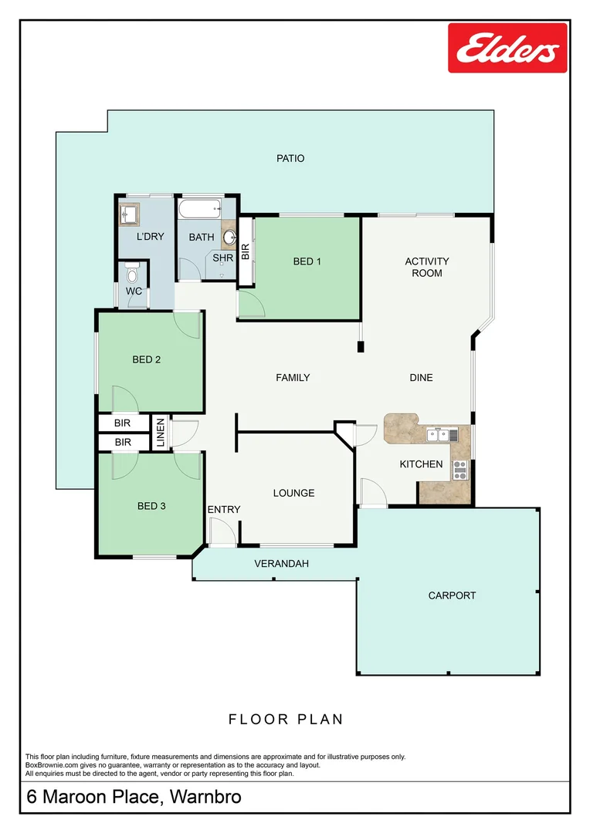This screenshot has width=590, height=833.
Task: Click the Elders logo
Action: coord(507,48)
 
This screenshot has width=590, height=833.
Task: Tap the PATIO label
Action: coord(290,158)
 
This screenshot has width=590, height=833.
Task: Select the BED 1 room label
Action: coord(307,261)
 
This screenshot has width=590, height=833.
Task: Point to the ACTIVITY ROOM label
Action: coord(426,267)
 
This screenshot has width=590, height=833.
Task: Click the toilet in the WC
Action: coord(132,272)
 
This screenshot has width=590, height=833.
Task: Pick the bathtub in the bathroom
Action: coord(200,209)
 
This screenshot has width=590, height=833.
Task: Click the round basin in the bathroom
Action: coord(229,237)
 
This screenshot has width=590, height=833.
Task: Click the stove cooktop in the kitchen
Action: coord(459,469)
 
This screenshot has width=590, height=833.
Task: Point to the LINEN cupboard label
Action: coord(161,433)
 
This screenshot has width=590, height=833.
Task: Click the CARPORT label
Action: coord(452,595)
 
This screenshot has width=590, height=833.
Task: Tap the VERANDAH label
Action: coord(281,564)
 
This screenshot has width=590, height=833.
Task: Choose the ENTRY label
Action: coord(224,509)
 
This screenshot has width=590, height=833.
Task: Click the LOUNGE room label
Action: coord(293,493)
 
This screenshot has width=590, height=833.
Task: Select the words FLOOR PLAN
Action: coord(286,719)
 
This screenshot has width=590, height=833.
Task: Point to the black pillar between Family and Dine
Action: coord(360,347)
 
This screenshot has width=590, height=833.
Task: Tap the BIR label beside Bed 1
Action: coord(246,251)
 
